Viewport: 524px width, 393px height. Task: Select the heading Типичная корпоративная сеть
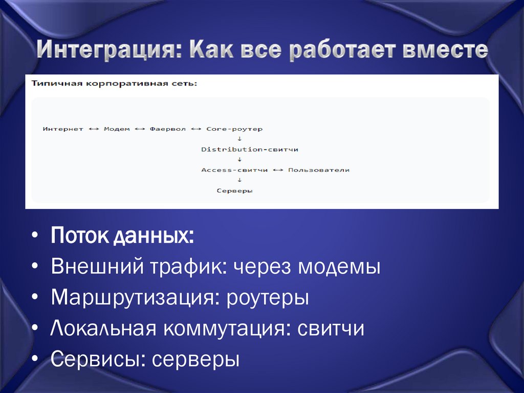(x=114, y=83)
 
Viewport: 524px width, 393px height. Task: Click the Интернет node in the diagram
(x=63, y=129)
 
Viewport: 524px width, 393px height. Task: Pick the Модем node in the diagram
(x=117, y=129)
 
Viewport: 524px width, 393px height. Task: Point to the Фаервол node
(x=168, y=129)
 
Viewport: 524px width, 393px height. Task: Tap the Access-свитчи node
(x=234, y=170)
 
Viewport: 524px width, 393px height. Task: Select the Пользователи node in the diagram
(x=319, y=170)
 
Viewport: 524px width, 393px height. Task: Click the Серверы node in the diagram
(x=235, y=191)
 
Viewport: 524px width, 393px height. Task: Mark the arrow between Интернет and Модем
(x=94, y=129)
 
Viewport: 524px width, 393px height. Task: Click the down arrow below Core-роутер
(x=239, y=139)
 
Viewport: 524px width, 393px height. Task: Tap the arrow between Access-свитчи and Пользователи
(x=278, y=170)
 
